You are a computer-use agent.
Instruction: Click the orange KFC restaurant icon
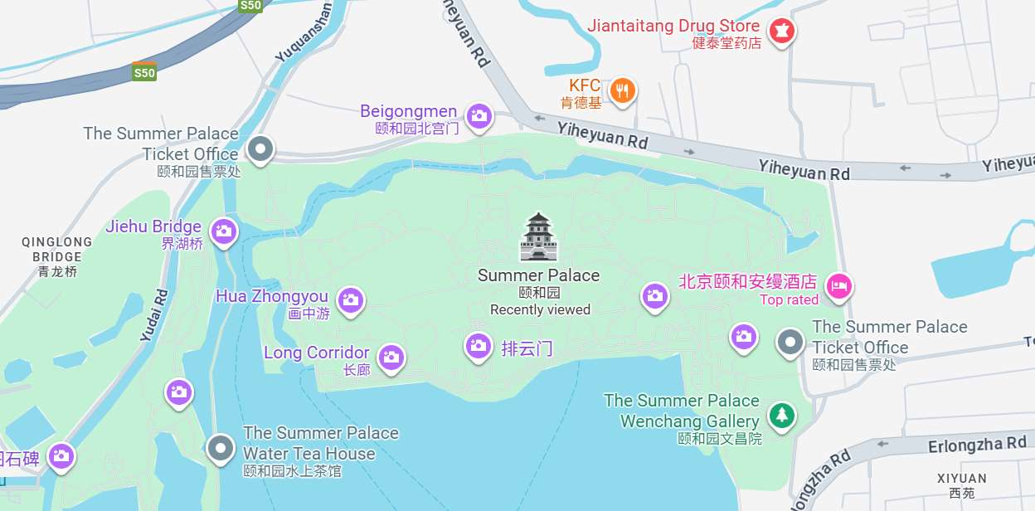coord(623,90)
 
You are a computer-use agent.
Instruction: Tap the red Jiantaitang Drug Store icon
coord(780,32)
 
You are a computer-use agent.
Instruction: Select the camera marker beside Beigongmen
coord(479,116)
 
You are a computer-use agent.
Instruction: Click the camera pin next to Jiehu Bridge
coord(223,231)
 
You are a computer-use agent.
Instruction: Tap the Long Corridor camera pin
coord(391,358)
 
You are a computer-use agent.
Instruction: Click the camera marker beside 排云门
coord(478,345)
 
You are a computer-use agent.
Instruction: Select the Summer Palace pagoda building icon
coord(539,237)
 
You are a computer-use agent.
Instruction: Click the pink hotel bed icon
coord(839,287)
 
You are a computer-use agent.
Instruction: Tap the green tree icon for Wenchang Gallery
coord(780,415)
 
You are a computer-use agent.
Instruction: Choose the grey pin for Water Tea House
coord(220,448)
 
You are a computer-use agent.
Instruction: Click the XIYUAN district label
coord(962,479)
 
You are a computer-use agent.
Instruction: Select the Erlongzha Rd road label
coord(977,445)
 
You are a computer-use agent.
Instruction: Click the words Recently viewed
coord(540,310)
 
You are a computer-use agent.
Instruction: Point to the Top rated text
coord(789,299)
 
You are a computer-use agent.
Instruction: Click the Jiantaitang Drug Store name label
coord(673,26)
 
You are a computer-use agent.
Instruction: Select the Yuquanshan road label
coord(304,33)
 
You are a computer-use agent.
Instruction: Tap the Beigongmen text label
coord(408,111)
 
